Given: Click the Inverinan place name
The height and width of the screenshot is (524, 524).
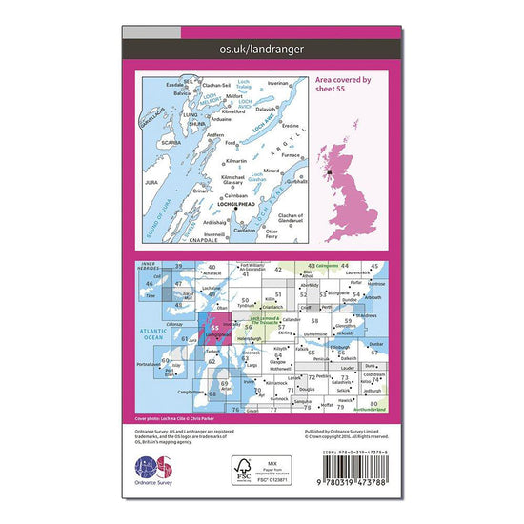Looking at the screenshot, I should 277,84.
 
